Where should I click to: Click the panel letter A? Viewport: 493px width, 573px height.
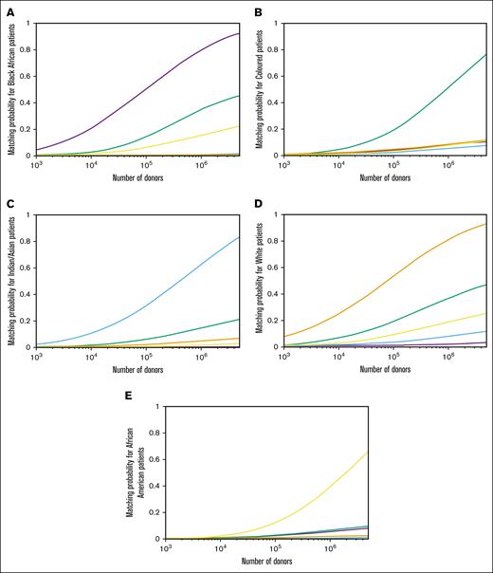pos(7,12)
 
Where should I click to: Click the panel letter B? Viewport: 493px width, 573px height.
pos(257,12)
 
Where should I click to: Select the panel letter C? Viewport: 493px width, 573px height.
pos(7,204)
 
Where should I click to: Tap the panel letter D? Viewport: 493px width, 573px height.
pos(257,204)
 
